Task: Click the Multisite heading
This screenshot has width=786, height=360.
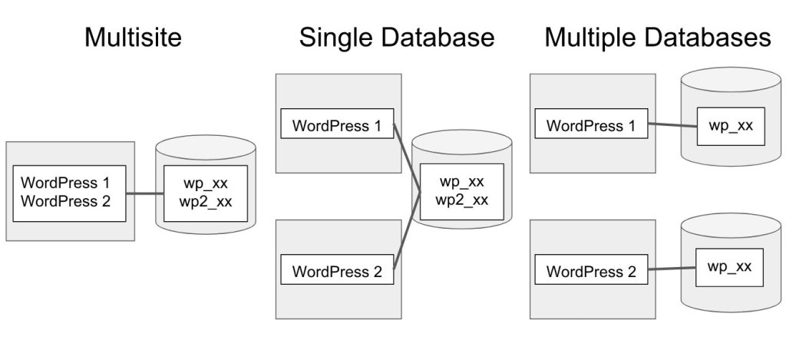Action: pos(133,38)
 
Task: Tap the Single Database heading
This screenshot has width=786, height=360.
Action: pos(397,38)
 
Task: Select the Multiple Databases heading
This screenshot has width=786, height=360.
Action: pos(657,38)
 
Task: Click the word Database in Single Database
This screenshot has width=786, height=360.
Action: pos(433,38)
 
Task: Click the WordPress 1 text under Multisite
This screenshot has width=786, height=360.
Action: pos(65,183)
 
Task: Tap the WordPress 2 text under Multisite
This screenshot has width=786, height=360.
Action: pos(65,202)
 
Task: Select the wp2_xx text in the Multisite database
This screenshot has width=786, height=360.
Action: pos(206,202)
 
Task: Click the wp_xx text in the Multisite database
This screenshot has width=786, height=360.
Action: pos(206,183)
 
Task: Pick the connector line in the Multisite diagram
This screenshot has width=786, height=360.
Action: pos(145,193)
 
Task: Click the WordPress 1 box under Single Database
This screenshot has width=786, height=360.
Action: pos(338,124)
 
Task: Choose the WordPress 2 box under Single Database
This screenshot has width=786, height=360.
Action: pos(338,269)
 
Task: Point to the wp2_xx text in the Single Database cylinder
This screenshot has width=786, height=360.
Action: pos(461,200)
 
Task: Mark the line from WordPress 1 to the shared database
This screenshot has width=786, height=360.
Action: pos(407,157)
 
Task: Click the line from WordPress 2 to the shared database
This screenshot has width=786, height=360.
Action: pos(407,230)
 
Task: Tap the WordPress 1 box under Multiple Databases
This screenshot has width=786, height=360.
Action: pos(592,124)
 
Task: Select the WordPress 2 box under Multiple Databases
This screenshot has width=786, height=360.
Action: pos(592,269)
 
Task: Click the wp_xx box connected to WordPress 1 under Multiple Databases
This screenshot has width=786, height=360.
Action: pos(731,127)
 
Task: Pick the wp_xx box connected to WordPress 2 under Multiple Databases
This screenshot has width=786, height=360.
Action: pos(730,268)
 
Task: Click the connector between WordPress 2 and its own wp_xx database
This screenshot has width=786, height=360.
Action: pos(672,269)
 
